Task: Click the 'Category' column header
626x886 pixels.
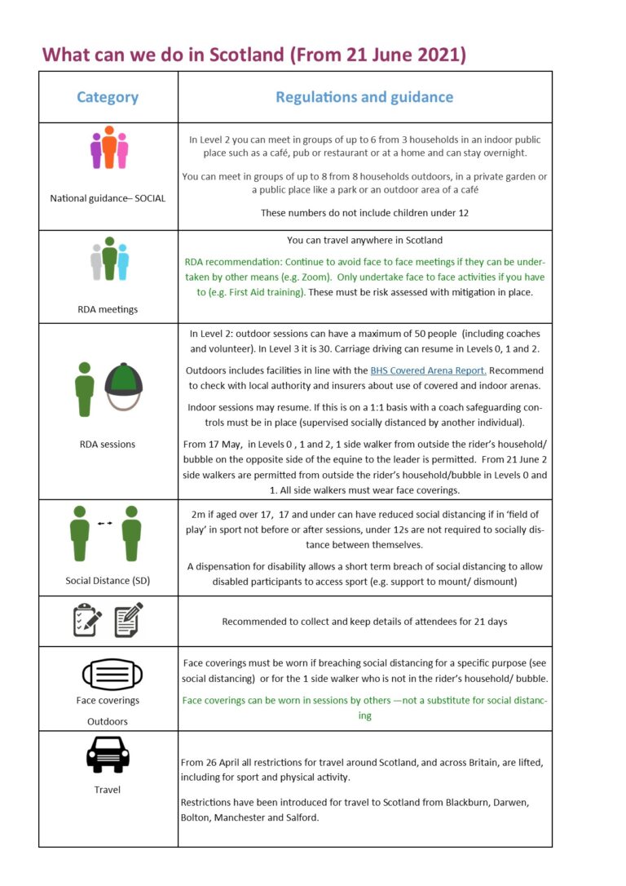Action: tap(108, 97)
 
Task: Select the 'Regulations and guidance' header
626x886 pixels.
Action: tap(364, 97)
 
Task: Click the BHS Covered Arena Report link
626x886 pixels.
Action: tap(428, 370)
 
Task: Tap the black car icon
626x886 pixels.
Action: tap(108, 754)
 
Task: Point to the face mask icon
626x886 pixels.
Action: tap(112, 675)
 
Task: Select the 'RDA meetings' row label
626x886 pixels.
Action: tap(108, 309)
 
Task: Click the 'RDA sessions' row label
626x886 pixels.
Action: tap(108, 445)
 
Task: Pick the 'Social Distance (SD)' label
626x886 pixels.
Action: tap(108, 581)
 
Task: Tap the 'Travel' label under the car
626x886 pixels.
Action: tap(108, 789)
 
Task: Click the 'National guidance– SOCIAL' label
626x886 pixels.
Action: tap(108, 198)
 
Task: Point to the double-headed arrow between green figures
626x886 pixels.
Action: tap(105, 523)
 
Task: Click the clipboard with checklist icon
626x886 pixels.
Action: tap(87, 620)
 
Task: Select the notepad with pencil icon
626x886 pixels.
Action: tap(129, 620)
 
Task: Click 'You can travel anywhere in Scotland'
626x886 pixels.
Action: tap(364, 240)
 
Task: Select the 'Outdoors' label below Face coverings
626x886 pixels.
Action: tap(108, 721)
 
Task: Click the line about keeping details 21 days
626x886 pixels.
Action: tap(364, 622)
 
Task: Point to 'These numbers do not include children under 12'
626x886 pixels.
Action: tap(364, 213)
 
